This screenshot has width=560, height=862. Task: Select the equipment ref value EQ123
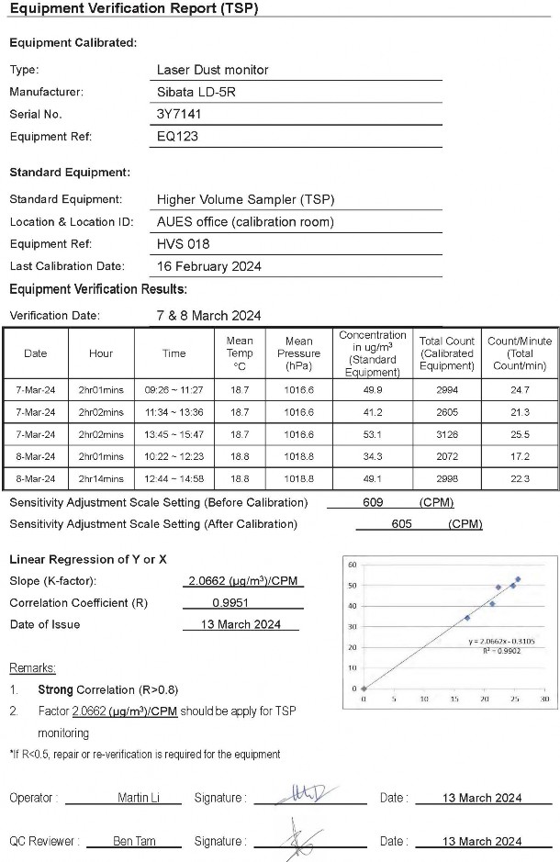click(x=178, y=137)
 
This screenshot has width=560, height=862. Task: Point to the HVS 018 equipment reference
click(x=184, y=244)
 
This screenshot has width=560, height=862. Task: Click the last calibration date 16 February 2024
click(x=209, y=266)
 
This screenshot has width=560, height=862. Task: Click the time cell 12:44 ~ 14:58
click(x=174, y=478)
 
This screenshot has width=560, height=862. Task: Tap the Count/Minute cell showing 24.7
click(x=520, y=390)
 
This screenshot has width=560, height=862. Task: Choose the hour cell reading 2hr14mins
click(x=101, y=478)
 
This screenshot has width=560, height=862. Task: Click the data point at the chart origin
click(x=364, y=688)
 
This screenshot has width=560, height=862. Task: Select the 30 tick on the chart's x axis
click(x=544, y=700)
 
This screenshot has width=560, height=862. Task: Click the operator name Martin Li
click(x=136, y=798)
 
